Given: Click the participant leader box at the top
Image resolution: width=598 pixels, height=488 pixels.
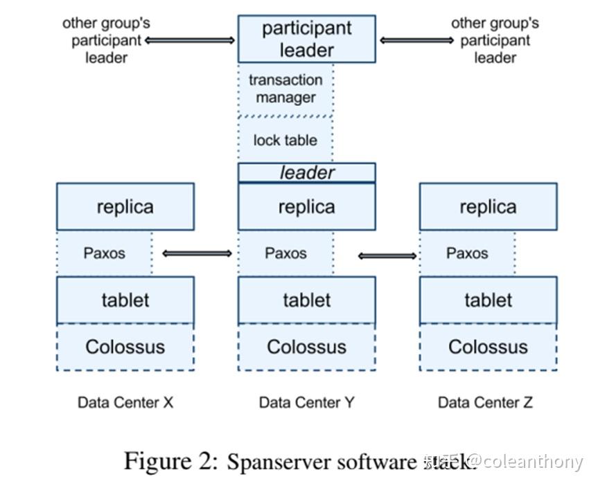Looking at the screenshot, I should pyautogui.click(x=306, y=39).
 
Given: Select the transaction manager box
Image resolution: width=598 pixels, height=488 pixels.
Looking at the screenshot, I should pyautogui.click(x=285, y=89).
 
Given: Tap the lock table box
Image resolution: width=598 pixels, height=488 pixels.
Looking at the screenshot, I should pyautogui.click(x=285, y=140).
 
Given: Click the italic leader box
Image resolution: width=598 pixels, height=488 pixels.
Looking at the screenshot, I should pyautogui.click(x=306, y=172).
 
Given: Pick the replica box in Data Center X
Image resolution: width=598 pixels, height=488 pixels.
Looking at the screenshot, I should pyautogui.click(x=125, y=206).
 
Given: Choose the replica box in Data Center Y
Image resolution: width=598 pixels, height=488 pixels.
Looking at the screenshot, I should pyautogui.click(x=306, y=206).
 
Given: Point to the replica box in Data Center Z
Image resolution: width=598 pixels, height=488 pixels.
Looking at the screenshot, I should pyautogui.click(x=488, y=206).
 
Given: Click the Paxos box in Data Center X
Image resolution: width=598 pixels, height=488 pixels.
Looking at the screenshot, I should pyautogui.click(x=104, y=253).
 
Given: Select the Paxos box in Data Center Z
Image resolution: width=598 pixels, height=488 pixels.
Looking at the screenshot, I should pyautogui.click(x=467, y=253).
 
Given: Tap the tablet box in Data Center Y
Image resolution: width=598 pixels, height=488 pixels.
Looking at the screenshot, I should pyautogui.click(x=306, y=300).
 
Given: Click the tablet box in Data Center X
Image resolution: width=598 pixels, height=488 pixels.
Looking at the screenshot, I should pyautogui.click(x=125, y=300).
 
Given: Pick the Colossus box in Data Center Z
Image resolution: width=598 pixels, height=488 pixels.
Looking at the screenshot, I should pyautogui.click(x=488, y=347).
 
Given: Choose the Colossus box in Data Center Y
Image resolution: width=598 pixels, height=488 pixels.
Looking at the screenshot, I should pyautogui.click(x=306, y=347).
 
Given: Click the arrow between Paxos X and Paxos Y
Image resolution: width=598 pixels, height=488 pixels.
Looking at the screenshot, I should pyautogui.click(x=197, y=254).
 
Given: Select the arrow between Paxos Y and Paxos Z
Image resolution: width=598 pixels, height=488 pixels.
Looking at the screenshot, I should pyautogui.click(x=388, y=256).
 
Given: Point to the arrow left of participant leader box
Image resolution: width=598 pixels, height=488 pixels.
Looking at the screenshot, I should pyautogui.click(x=190, y=41).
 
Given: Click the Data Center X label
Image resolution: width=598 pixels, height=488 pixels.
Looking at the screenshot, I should pyautogui.click(x=125, y=402).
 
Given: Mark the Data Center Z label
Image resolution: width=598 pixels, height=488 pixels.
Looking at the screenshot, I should pyautogui.click(x=485, y=402).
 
